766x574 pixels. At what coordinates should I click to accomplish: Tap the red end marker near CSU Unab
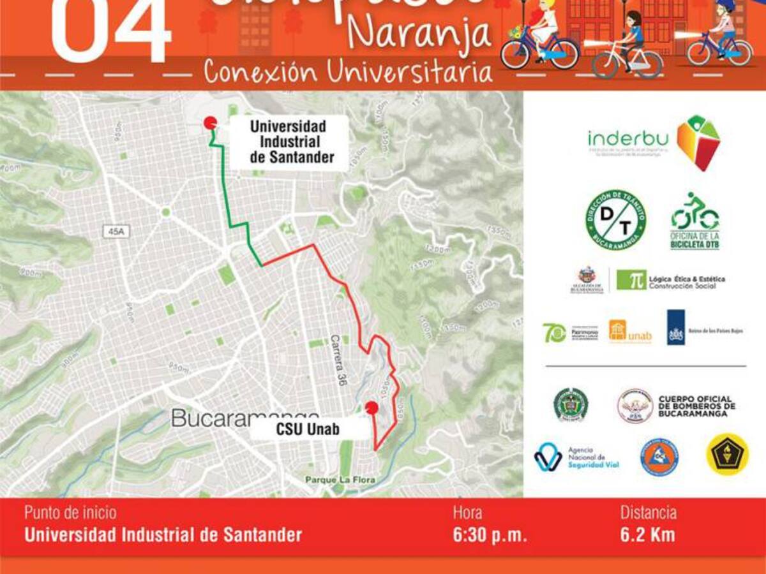[371, 408]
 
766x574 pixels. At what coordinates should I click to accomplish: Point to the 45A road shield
[116, 232]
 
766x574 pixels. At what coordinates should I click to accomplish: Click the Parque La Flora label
[339, 480]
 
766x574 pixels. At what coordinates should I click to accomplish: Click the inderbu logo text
[628, 138]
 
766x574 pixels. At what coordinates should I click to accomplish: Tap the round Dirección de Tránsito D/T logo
[615, 220]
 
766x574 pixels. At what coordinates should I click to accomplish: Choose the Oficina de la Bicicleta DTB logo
[695, 221]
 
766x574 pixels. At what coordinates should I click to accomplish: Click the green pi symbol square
[631, 280]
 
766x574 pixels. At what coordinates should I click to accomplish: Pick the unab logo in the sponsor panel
[629, 332]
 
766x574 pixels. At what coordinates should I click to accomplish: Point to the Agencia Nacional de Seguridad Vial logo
[576, 457]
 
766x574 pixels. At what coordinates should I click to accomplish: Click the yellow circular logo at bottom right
[727, 455]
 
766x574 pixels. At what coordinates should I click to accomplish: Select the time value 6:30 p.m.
[490, 535]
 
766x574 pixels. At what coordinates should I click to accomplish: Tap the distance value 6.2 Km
[647, 535]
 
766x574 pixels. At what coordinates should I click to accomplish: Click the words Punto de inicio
[70, 512]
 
